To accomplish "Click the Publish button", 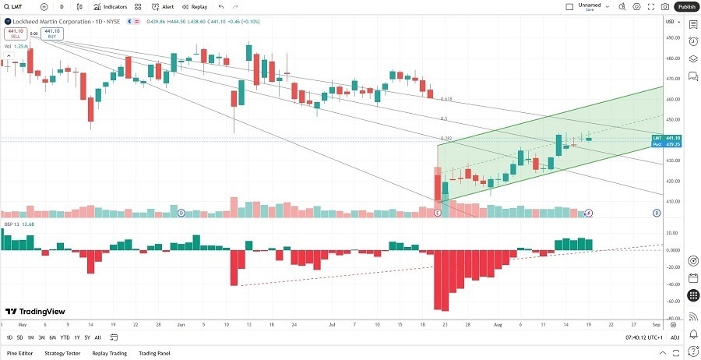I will [686, 6].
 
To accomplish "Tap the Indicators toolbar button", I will [111, 6].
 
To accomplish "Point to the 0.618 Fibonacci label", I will [446, 99].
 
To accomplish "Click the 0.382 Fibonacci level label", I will [446, 139].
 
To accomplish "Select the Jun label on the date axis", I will [181, 323].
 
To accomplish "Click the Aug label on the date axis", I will [498, 323].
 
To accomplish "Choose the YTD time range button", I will [65, 337].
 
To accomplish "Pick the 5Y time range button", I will [86, 337].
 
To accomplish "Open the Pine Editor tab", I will [19, 353].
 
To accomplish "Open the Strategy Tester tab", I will [62, 353].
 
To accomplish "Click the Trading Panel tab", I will [154, 353].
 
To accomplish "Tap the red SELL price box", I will [14, 34].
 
